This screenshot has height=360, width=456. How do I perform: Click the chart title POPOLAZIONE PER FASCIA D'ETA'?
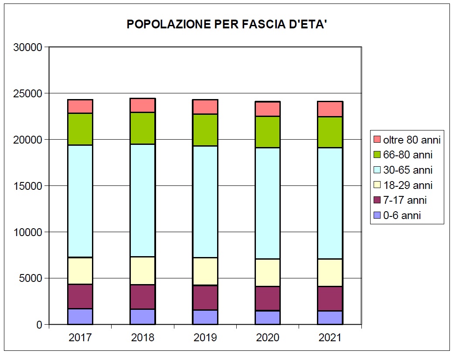227,24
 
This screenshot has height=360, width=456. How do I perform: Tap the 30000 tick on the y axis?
27,47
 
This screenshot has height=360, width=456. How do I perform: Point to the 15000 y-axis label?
27,186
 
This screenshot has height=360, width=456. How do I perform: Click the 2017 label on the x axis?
80,338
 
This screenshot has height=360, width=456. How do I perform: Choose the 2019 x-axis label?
205,338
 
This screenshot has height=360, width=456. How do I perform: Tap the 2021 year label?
330,338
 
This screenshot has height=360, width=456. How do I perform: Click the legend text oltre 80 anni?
412,140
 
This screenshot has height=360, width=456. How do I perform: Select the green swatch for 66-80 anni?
377,155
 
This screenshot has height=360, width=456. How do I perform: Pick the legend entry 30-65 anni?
408,170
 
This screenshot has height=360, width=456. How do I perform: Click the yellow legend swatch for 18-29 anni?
377,185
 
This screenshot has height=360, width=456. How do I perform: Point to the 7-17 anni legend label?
405,200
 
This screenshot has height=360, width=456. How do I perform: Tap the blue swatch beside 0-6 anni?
377,215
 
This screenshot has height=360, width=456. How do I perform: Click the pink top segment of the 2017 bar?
80,106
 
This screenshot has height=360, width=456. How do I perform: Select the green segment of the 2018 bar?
143,128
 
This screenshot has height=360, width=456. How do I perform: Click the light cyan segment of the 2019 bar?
205,202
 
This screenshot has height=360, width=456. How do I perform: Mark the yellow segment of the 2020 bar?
268,272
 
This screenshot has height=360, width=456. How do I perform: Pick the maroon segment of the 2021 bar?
330,298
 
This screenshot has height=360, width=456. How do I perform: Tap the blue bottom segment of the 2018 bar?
143,317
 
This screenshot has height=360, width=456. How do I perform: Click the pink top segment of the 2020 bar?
268,109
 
